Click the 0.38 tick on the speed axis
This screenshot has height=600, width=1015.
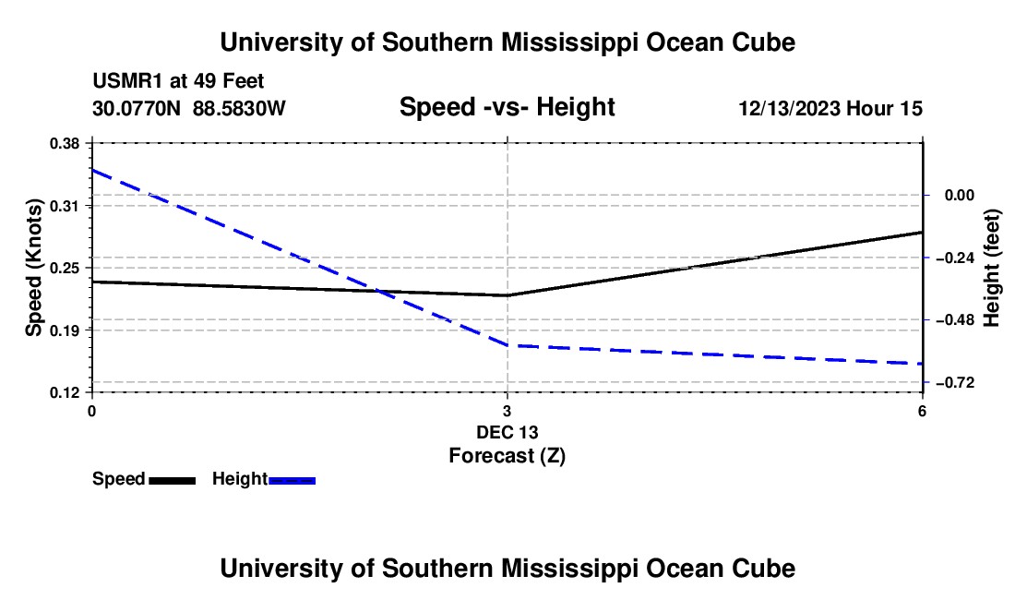point(64,143)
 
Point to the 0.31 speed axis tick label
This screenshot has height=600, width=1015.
point(64,206)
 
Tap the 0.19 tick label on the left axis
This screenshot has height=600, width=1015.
point(64,330)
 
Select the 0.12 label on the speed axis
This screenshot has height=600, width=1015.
point(64,392)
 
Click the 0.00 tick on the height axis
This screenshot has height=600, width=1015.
point(960,195)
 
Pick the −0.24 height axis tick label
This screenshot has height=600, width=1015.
point(955,258)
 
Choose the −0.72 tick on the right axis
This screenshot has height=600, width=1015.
point(955,382)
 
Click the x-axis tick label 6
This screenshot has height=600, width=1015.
point(922,411)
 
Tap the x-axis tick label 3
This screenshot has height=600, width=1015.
point(507,411)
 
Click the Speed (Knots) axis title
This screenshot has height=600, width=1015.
point(33,268)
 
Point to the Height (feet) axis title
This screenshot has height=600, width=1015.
point(992,268)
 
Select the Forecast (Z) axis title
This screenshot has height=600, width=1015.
point(507,456)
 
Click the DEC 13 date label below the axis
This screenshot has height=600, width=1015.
point(507,432)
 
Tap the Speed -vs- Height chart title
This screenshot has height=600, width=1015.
point(507,107)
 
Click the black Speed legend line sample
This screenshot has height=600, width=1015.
point(173,480)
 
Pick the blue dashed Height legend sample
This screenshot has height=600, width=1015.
point(292,480)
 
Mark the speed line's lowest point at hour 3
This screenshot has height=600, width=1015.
point(507,295)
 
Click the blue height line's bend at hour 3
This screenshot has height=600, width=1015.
point(507,345)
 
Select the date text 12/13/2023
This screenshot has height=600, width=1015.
point(789,108)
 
